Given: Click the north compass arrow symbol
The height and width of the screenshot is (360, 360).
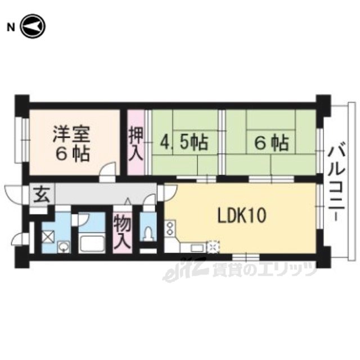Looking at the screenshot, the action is [x=33, y=26].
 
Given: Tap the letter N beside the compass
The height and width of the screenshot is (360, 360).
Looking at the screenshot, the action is [x=11, y=28].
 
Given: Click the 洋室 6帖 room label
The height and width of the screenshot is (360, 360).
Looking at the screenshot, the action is [x=71, y=143].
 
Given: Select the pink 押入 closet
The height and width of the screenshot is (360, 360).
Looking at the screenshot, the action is [x=136, y=142].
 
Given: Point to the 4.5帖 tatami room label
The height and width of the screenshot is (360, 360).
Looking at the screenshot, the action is [x=184, y=143].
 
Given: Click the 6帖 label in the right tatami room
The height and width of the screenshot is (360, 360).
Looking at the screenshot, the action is [x=271, y=143].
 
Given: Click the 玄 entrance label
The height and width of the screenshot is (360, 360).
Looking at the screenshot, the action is [x=42, y=195].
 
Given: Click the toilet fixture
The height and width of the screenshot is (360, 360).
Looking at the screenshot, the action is [x=148, y=232].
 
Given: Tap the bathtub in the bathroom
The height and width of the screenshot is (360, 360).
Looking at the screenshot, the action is [x=92, y=244].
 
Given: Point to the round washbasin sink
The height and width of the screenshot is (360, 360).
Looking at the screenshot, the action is [x=63, y=247].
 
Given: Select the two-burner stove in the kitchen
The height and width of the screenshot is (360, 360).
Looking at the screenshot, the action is [x=170, y=228].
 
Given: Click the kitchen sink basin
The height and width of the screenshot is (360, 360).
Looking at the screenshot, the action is [x=197, y=248].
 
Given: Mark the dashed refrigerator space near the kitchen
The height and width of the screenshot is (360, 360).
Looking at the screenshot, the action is [x=213, y=247].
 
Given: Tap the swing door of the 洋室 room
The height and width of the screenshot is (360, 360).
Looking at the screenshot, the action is [x=108, y=169].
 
